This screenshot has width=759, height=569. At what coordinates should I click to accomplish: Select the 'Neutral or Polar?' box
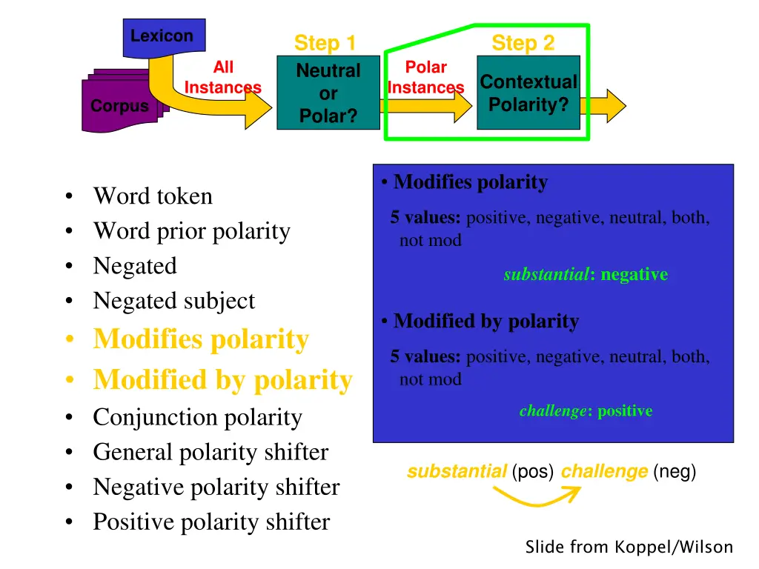click(x=328, y=93)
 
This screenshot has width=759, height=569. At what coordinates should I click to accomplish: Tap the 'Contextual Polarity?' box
click(x=528, y=93)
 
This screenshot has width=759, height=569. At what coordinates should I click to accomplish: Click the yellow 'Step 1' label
click(x=325, y=43)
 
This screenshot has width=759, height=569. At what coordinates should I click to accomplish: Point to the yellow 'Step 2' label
click(x=523, y=43)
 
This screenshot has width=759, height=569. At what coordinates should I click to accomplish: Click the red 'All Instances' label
click(x=222, y=78)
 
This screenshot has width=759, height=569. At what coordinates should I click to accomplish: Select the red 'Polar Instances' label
click(x=425, y=78)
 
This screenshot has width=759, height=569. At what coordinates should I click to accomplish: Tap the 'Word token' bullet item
click(x=152, y=196)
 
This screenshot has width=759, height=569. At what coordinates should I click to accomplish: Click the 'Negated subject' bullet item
click(x=173, y=301)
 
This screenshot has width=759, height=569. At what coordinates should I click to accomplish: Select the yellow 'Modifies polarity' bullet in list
click(x=200, y=339)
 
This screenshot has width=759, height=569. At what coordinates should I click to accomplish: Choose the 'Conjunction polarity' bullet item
click(x=197, y=417)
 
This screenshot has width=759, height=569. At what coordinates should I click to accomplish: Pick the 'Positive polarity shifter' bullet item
click(x=211, y=522)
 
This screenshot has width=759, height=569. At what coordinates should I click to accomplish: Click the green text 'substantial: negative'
click(x=586, y=275)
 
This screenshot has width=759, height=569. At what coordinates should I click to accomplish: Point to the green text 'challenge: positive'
click(x=586, y=410)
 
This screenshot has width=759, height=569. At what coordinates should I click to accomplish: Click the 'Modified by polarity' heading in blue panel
click(x=485, y=321)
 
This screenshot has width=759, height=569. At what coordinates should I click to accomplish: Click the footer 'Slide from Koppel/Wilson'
click(x=629, y=548)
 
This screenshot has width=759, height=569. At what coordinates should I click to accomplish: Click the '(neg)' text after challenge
click(x=675, y=471)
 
